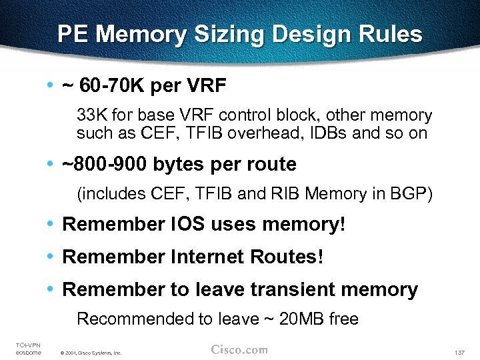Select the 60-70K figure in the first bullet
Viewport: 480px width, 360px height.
coord(113,86)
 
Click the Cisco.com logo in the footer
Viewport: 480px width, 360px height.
coord(239,349)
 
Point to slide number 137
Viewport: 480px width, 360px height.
coord(458,351)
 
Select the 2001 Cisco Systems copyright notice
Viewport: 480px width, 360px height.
coord(90,353)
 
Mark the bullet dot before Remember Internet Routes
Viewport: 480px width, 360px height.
coord(51,257)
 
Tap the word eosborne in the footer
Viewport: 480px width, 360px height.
coord(28,352)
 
